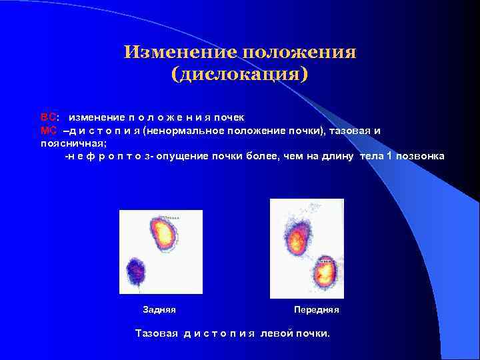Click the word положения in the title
[x=299, y=53]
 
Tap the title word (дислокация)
[x=240, y=74]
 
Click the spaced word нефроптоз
[x=108, y=156]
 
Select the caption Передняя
[x=317, y=310]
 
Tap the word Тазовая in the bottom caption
[x=157, y=333]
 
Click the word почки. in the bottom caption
[x=314, y=333]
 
